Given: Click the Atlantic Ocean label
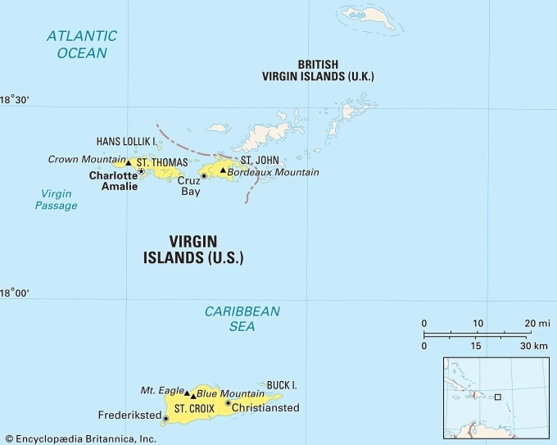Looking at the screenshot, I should click(x=81, y=44).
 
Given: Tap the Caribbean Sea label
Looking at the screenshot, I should click(x=242, y=319).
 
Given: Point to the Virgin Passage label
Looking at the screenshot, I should click(x=56, y=200).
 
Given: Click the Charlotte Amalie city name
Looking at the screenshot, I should click(x=113, y=181).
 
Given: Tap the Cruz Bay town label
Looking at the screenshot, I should click(x=190, y=186).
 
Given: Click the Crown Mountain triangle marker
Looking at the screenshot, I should click(x=129, y=162).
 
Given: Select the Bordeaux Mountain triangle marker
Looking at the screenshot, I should click(x=222, y=170).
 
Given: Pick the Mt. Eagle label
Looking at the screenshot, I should click(x=159, y=390).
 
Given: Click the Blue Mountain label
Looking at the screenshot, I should click(x=230, y=393).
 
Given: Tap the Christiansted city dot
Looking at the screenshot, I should click(x=229, y=402).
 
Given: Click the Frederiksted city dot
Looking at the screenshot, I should click(x=166, y=419).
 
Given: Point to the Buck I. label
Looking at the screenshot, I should click(x=281, y=384).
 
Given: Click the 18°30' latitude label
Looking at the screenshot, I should click(x=15, y=100).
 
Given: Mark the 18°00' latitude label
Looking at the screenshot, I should click(x=15, y=293).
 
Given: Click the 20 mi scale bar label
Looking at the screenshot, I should click(x=537, y=323).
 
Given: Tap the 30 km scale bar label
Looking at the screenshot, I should click(x=535, y=345).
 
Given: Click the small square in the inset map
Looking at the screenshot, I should click(x=496, y=397).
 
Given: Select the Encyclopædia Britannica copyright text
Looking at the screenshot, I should click(x=80, y=438).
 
